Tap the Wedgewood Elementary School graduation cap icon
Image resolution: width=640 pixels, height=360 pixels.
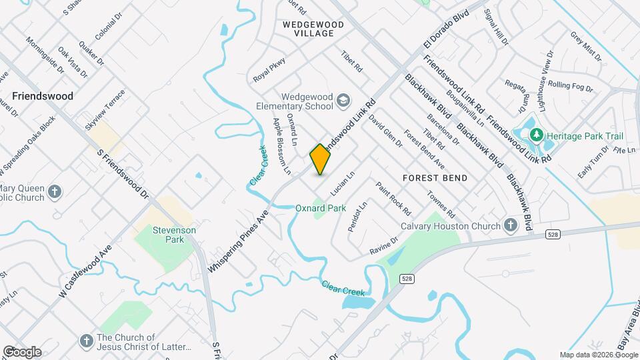pyautogui.click(x=343, y=101)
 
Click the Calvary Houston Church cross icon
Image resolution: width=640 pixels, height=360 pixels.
pyautogui.click(x=511, y=226)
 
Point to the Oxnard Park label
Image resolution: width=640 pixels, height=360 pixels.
pyautogui.click(x=321, y=209)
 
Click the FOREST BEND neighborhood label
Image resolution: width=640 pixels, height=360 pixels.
pyautogui.click(x=435, y=178)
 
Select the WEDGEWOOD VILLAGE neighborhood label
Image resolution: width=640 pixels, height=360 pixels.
pyautogui.click(x=313, y=29)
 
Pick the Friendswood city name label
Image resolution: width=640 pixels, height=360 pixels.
pyautogui.click(x=43, y=96)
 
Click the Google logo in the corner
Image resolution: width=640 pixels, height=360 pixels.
pyautogui.click(x=21, y=352)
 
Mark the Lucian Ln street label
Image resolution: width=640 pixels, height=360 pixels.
pyautogui.click(x=341, y=181)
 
